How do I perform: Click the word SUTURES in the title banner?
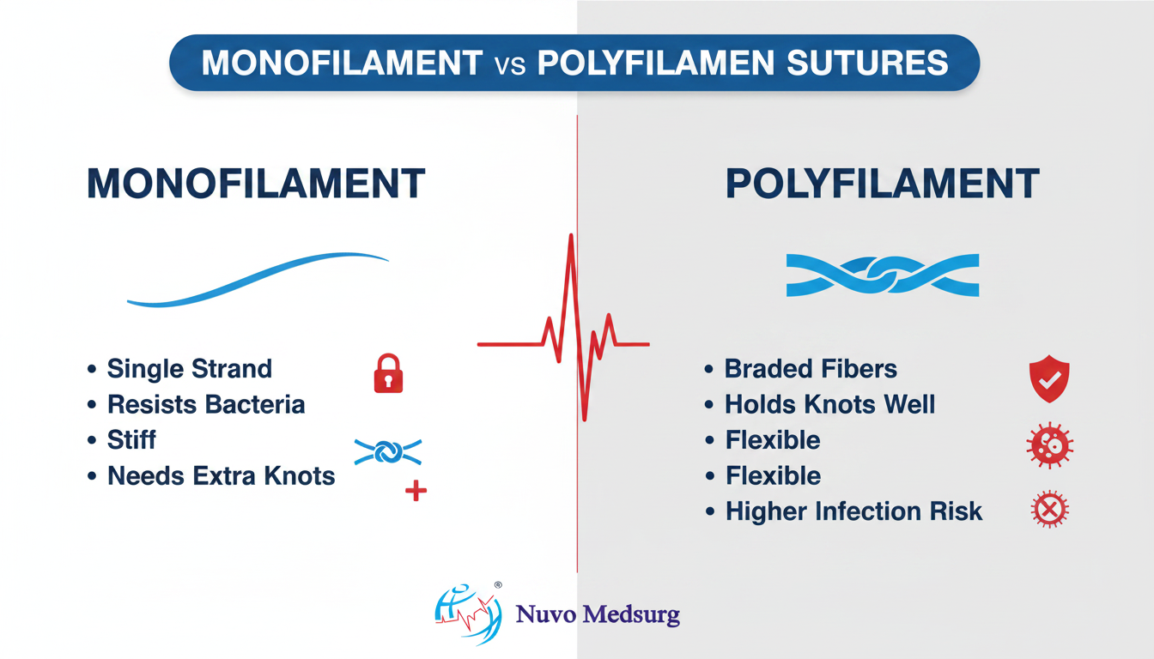[867, 63]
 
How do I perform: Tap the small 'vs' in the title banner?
[510, 65]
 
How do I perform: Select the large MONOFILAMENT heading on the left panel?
[256, 184]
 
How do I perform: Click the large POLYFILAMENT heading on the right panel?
[882, 184]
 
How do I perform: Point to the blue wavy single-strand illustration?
[258, 279]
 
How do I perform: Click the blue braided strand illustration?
[883, 275]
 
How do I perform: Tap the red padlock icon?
[388, 373]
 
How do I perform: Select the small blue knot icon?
[388, 452]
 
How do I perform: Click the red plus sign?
[416, 491]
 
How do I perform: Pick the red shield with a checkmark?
[1049, 378]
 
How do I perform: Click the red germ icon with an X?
[1049, 509]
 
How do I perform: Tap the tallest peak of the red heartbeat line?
[571, 235]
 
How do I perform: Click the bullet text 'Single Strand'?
[190, 369]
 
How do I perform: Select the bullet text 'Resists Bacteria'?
[206, 404]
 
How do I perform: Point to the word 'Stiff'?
[131, 439]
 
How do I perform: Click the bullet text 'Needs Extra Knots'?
[221, 475]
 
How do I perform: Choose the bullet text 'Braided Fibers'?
[811, 369]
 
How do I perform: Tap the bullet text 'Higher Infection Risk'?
[853, 511]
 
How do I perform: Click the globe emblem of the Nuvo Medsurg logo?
[468, 614]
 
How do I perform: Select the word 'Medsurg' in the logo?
[631, 615]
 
